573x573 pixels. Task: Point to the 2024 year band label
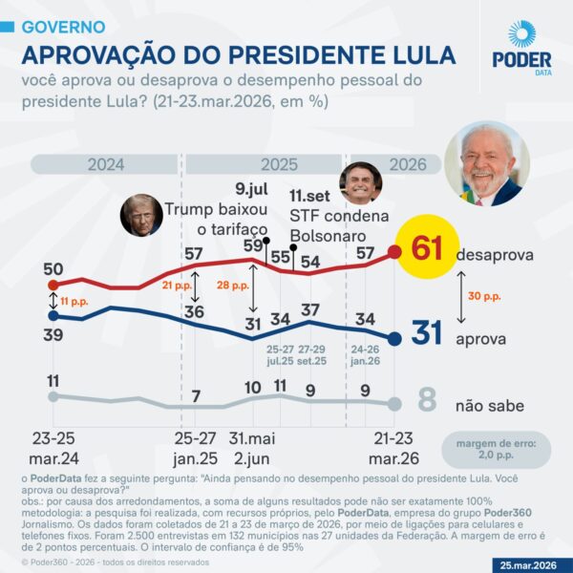click(x=106, y=164)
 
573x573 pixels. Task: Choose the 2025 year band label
click(x=279, y=164)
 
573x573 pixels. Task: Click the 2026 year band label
click(x=407, y=164)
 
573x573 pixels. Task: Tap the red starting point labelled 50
click(x=53, y=285)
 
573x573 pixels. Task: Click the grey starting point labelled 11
click(x=53, y=395)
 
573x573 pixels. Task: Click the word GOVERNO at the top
click(x=63, y=27)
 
